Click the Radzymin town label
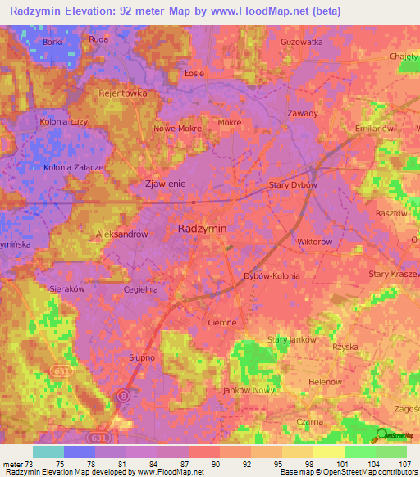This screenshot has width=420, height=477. [203, 229]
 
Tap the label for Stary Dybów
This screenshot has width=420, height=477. [293, 185]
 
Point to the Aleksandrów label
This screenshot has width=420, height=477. [121, 234]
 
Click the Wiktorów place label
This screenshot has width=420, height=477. [314, 243]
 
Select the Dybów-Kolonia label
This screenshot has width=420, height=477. [272, 276]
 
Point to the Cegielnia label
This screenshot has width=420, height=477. [140, 289]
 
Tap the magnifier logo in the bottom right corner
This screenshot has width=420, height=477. [381, 435]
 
